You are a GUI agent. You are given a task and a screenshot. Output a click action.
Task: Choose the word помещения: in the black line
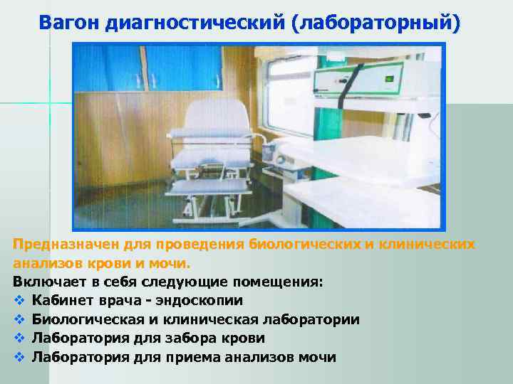pyautogui.click(x=281, y=282)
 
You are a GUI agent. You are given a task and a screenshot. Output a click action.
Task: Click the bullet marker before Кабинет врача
pyautogui.click(x=19, y=301)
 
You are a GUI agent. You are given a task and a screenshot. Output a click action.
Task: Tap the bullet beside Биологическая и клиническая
pyautogui.click(x=19, y=319)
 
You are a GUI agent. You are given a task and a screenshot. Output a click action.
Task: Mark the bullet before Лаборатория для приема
pyautogui.click(x=19, y=356)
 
